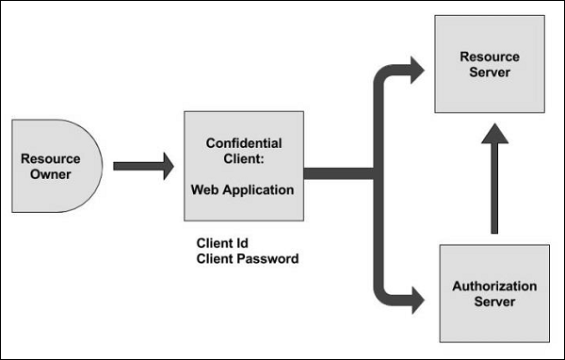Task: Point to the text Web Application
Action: tap(243, 189)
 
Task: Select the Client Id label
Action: tap(222, 242)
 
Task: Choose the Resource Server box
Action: tap(489, 64)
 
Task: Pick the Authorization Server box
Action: tap(494, 293)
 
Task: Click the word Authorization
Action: tap(494, 286)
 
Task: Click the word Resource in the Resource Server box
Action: tap(489, 57)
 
